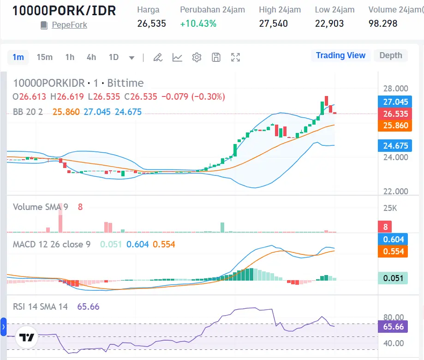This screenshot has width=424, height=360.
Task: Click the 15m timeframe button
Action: [44, 57]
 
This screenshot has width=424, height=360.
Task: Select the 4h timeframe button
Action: [91, 57]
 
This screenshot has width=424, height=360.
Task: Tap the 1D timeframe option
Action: [113, 57]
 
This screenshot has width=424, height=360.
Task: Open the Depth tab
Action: [390, 55]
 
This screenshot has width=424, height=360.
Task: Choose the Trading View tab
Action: [340, 55]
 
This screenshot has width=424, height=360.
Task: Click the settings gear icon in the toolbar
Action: [197, 57]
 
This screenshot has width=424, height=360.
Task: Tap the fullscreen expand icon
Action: [235, 57]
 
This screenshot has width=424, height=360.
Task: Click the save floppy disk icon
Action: [216, 57]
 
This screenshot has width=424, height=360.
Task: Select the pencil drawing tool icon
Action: [158, 57]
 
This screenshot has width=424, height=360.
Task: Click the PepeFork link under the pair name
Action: [69, 25]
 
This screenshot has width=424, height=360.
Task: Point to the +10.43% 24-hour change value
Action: [198, 23]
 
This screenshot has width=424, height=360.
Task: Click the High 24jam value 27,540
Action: [273, 23]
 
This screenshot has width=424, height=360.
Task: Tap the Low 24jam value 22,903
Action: [329, 23]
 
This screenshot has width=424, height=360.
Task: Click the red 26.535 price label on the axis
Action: [392, 114]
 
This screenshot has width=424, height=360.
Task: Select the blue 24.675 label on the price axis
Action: [392, 146]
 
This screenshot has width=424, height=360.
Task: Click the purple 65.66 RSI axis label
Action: [392, 327]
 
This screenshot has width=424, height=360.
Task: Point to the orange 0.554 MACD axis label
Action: [392, 252]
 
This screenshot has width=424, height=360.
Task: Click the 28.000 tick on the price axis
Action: [396, 89]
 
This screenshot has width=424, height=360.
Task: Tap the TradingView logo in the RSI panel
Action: [26, 337]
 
